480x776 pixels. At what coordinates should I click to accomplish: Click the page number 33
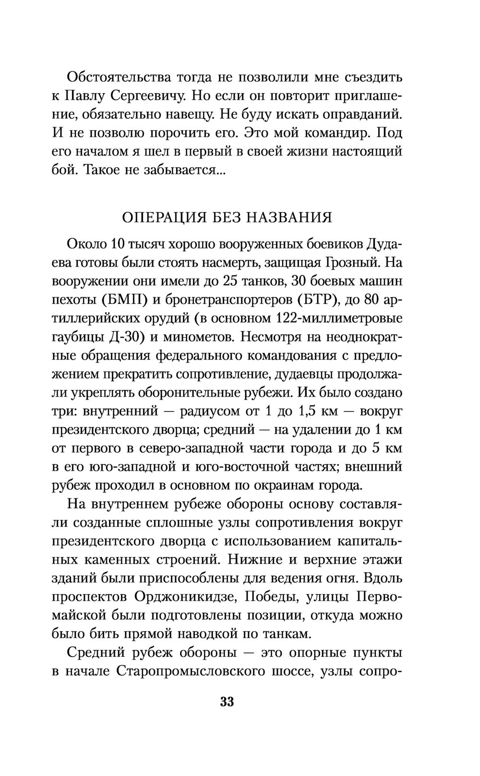[227, 702]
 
